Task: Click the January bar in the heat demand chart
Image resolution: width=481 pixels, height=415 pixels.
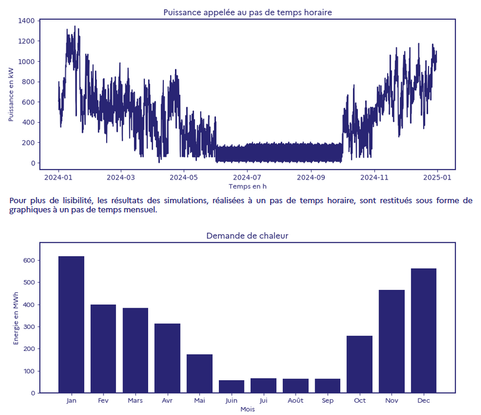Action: coord(71,324)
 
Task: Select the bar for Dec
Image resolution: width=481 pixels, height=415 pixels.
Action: coord(424,330)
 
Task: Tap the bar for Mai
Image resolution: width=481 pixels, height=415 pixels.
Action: coord(199,373)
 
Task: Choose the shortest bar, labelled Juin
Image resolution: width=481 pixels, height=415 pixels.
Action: coord(232,386)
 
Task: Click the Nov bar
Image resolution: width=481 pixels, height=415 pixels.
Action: coord(391,341)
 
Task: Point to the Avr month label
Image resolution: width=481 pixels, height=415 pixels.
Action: coord(167,401)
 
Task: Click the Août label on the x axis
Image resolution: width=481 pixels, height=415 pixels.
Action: coord(296,401)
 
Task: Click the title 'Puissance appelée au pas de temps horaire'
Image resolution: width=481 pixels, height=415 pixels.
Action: coord(248,12)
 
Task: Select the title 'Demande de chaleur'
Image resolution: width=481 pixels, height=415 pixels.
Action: coord(247,236)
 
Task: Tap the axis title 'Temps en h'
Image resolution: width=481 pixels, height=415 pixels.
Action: coord(247,186)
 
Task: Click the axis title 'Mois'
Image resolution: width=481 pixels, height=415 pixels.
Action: coord(247,409)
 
